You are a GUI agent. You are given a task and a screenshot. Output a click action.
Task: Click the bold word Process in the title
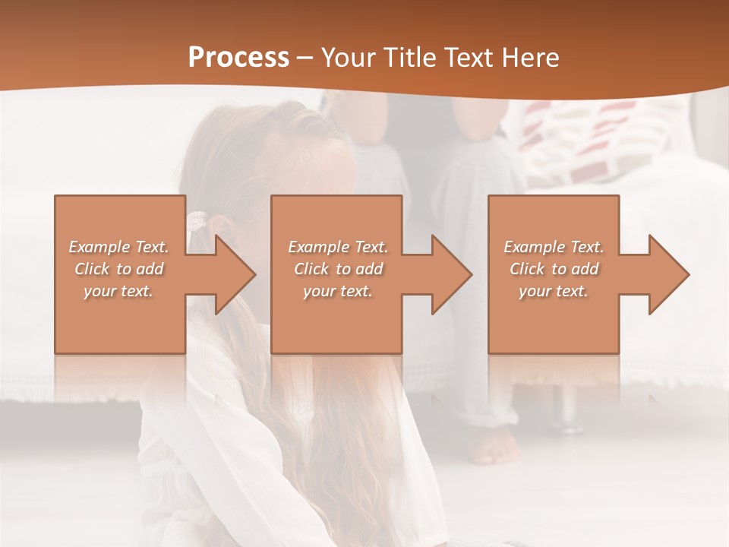(x=238, y=57)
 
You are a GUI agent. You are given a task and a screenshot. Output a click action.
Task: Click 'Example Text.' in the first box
(x=119, y=247)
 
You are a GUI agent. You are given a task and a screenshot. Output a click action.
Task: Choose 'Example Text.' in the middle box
(x=338, y=247)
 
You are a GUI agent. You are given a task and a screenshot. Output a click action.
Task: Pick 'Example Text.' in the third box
(x=554, y=247)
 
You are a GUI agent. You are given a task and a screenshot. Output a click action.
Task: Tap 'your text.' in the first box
(x=119, y=291)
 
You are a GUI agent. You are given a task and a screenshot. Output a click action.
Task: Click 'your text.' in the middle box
(x=338, y=291)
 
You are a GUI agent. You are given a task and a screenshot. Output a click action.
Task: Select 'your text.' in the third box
(x=554, y=291)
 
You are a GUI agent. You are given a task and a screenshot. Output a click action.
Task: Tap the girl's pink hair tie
(x=197, y=221)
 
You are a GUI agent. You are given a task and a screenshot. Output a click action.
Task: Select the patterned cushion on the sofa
(x=600, y=137)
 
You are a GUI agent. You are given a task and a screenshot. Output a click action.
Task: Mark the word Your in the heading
(x=346, y=57)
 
